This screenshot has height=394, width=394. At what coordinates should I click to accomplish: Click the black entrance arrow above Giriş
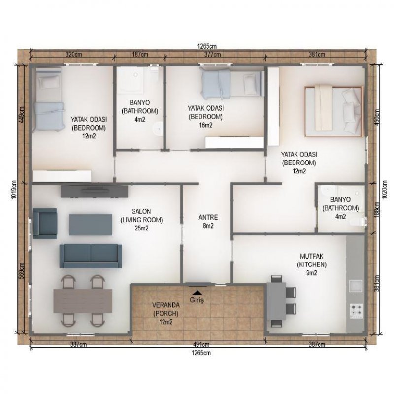click(198, 292)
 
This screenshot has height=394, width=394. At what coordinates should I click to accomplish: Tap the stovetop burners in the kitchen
click(357, 310)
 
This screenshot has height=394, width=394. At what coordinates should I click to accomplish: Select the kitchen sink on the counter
click(356, 286)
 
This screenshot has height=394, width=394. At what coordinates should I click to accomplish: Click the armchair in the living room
click(45, 224)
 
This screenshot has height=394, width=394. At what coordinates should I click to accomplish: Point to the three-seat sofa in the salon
click(91, 256)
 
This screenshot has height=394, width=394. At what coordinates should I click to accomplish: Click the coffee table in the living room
click(91, 225)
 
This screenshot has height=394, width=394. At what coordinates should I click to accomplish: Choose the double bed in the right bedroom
click(334, 112)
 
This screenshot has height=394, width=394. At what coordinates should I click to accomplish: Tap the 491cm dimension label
click(201, 344)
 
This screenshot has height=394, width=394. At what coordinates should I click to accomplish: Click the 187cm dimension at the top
click(140, 54)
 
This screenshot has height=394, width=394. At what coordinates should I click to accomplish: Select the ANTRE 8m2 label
click(208, 221)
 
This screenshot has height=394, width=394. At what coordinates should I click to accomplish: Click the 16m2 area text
click(205, 125)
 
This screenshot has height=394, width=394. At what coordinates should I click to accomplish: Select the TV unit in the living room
click(94, 192)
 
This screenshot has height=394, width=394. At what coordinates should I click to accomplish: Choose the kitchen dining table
click(276, 301)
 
